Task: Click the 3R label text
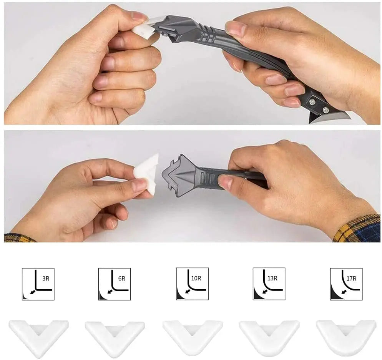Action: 46,279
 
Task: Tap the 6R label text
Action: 122,279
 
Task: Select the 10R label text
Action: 196,278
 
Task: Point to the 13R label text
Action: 272,278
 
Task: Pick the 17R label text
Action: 351,279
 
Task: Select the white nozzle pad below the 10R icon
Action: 193,337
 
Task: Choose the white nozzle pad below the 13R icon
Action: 269,337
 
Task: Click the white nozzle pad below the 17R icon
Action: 346,337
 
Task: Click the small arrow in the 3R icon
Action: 32,292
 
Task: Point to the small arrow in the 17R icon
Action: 344,292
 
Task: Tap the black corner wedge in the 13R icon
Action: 257,295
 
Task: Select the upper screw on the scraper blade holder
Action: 312,102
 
